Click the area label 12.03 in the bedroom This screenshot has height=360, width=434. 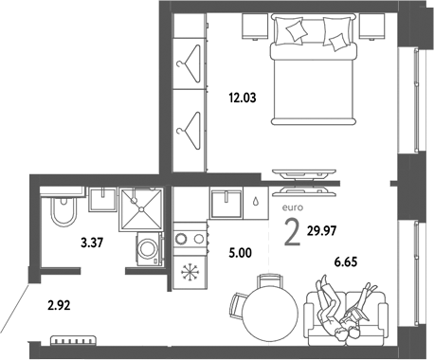(x=241, y=95)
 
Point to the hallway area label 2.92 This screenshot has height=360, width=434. (x=61, y=305)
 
